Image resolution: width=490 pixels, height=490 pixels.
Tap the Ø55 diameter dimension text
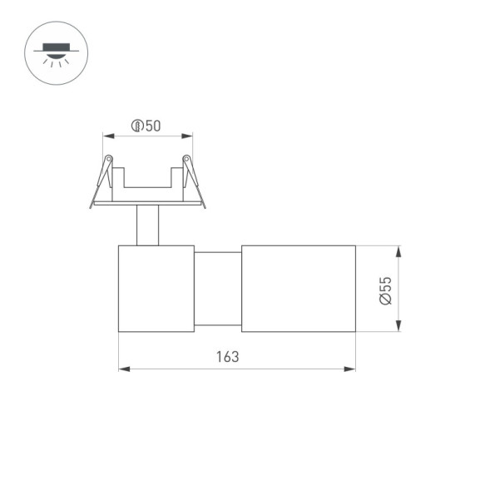385,290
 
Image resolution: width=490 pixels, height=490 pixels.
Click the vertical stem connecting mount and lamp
147,225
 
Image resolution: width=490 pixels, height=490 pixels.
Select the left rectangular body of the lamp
156,289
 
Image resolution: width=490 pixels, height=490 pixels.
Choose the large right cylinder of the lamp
299,289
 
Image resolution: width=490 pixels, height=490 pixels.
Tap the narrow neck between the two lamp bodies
218,289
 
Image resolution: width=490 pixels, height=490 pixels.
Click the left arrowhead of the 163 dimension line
123,369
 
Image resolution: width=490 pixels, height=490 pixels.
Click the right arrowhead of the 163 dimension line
351,369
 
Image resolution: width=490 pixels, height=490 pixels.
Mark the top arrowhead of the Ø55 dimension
399,250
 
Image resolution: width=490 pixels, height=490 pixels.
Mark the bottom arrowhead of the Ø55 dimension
399,327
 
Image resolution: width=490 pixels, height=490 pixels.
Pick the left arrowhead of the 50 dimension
106,136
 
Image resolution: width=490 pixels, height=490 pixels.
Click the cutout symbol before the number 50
136,126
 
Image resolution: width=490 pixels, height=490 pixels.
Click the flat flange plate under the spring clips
147,202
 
